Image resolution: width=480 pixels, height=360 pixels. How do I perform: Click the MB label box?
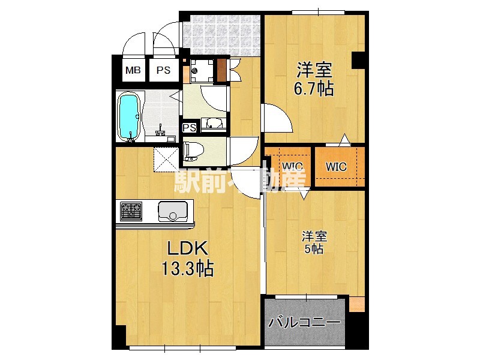point(133,71)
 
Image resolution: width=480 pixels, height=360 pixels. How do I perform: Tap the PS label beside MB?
point(163,71)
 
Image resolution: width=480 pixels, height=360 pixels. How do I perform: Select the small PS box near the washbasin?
point(190,128)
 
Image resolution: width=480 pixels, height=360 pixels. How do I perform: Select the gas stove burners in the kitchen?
point(131,211)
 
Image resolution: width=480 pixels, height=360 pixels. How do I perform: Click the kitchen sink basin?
point(172,211)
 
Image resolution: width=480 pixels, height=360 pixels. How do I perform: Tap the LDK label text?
point(187,248)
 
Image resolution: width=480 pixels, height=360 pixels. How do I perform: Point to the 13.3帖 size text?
point(187,268)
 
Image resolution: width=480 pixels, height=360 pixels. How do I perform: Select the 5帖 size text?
point(313,249)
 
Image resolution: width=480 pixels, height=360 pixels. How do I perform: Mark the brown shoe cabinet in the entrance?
point(222,69)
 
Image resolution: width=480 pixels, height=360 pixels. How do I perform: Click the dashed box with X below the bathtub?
point(163,157)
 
